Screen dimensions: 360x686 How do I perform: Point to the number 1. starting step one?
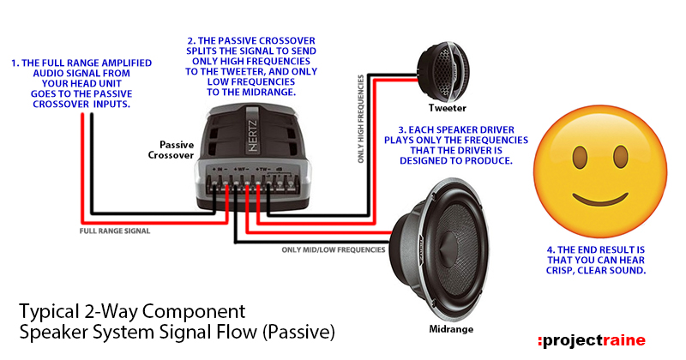(15, 63)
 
